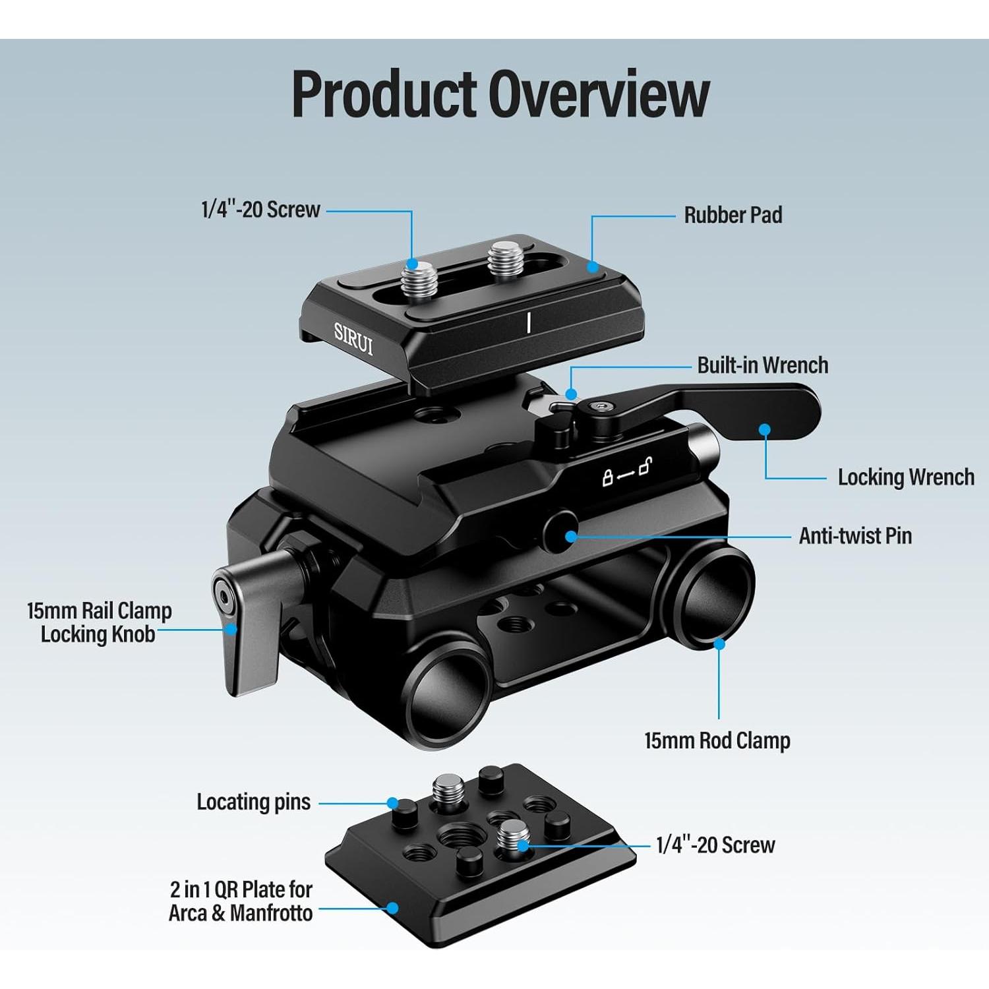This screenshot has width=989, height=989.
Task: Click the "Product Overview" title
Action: click(500, 94)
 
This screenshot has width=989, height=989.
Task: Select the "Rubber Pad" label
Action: click(733, 215)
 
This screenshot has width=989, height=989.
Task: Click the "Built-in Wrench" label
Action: click(762, 365)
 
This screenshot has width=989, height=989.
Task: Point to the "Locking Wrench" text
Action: click(905, 477)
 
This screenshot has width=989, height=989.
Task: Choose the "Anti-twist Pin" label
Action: click(855, 536)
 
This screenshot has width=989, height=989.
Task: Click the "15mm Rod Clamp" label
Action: click(717, 741)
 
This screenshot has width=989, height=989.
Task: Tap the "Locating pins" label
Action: click(253, 802)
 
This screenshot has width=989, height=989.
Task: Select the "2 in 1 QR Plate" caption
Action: click(241, 901)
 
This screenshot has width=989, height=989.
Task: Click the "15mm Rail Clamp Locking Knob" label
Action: click(99, 622)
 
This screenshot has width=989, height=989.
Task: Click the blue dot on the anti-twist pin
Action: click(571, 536)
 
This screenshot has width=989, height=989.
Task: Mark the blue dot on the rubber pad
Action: click(593, 266)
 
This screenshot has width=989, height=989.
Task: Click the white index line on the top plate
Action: click(529, 323)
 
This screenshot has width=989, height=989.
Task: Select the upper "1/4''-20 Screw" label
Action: click(260, 210)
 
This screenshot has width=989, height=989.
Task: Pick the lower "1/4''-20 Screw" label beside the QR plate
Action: click(715, 845)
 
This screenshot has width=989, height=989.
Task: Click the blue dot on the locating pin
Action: click(393, 803)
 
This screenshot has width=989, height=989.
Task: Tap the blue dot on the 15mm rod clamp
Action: click(719, 643)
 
